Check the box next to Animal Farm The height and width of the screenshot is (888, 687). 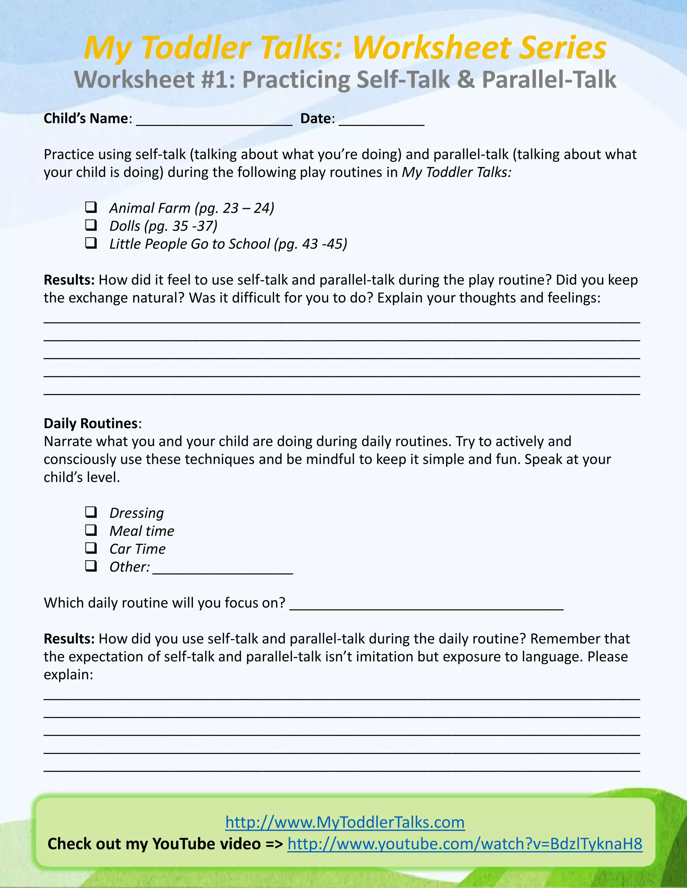tap(91, 207)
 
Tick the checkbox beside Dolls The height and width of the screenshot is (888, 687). tap(91, 225)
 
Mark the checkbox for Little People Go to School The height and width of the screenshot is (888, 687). tap(91, 243)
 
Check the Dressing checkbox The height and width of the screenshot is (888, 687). tap(91, 512)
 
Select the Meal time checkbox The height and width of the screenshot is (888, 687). tap(91, 530)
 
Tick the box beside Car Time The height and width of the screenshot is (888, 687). tap(91, 548)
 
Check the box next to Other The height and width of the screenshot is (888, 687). tap(91, 566)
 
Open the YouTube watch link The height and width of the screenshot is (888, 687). tap(465, 844)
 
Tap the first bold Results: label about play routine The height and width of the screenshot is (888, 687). tap(69, 280)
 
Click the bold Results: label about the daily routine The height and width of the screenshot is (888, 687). tap(69, 639)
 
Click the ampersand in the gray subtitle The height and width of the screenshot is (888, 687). tap(466, 79)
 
